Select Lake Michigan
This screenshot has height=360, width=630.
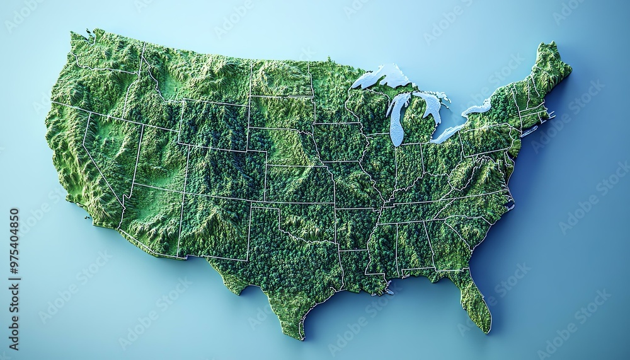[397, 120]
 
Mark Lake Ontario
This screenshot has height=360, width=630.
[478, 108]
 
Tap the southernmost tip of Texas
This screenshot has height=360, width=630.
[301, 337]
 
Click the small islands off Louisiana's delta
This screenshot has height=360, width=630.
[389, 292]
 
